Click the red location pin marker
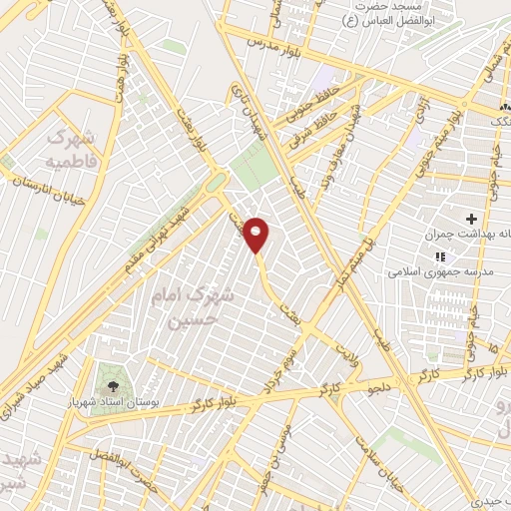[x=256, y=234]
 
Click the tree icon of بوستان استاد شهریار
[x=110, y=383]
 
